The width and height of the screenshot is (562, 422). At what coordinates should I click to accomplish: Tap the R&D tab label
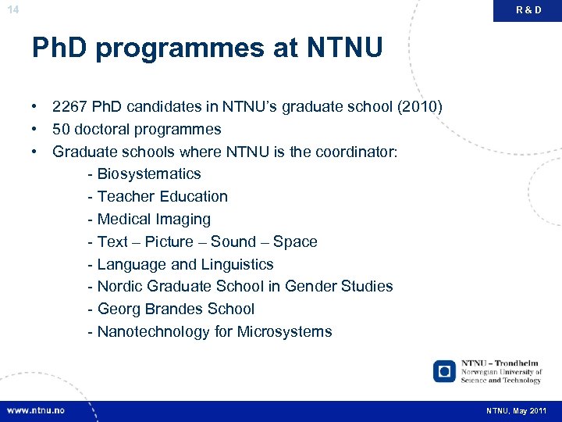tap(528, 10)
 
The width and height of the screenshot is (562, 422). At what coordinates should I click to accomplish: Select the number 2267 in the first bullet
tap(69, 106)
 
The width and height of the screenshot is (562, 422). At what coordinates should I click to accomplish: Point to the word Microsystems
tap(284, 331)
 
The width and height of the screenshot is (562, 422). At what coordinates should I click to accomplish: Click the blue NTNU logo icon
tap(444, 370)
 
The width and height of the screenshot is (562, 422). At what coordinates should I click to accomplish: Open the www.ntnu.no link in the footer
tap(36, 410)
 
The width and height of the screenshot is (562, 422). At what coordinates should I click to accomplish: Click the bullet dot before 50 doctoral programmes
tap(36, 129)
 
